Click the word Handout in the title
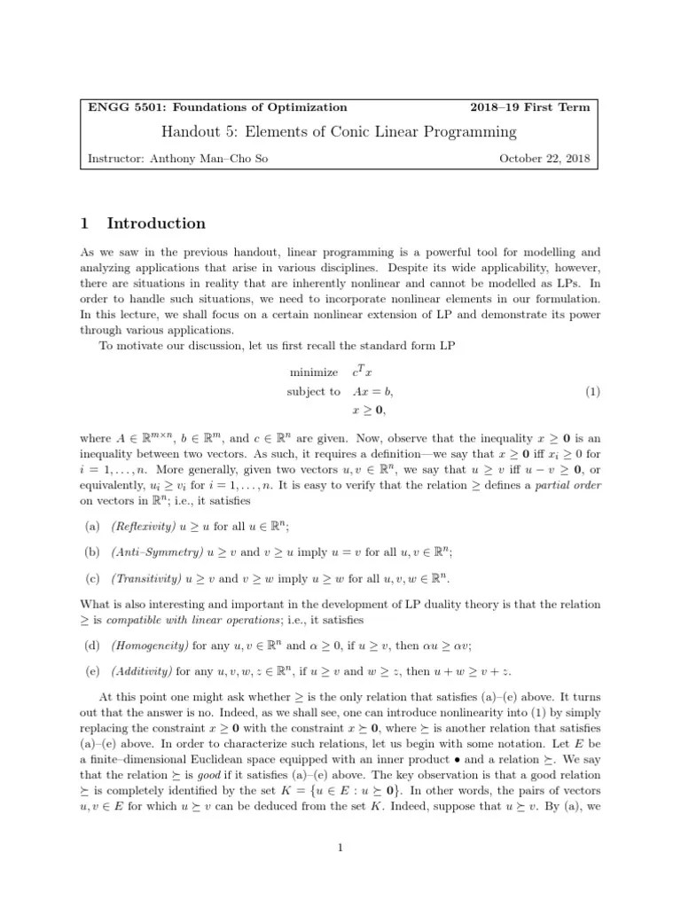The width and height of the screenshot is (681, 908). [193, 133]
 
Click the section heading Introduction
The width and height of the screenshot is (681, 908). [156, 223]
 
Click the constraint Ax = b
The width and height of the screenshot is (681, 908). [372, 391]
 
